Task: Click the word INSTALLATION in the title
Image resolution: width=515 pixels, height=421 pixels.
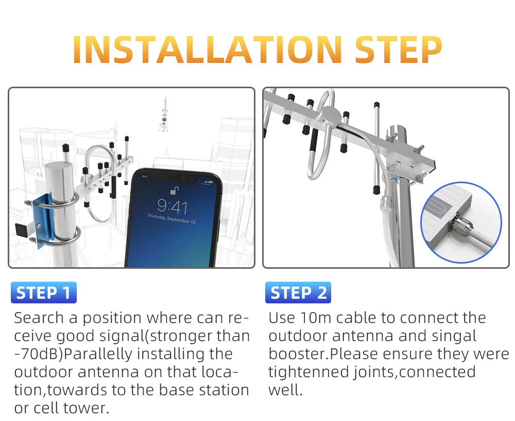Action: tap(208, 50)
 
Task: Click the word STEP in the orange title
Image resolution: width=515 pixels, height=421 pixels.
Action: tap(399, 50)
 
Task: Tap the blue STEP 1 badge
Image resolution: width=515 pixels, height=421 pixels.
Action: tap(44, 293)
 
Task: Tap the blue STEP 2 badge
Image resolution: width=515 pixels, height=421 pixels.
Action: tap(298, 293)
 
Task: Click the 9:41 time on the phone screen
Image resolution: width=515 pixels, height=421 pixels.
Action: tap(173, 206)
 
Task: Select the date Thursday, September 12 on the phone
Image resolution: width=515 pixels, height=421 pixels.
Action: tap(171, 219)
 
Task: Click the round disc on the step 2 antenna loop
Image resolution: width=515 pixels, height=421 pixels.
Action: tap(331, 115)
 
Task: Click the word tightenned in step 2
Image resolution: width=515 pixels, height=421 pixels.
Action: tap(308, 373)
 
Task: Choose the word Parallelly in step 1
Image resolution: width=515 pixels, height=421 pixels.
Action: tap(98, 354)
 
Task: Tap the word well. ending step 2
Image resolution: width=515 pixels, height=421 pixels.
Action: tap(285, 390)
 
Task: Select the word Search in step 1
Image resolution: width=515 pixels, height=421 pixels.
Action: tap(39, 318)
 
